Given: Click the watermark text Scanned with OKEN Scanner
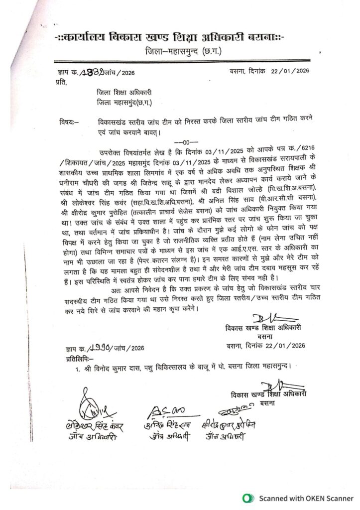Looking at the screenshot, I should (305, 498).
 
